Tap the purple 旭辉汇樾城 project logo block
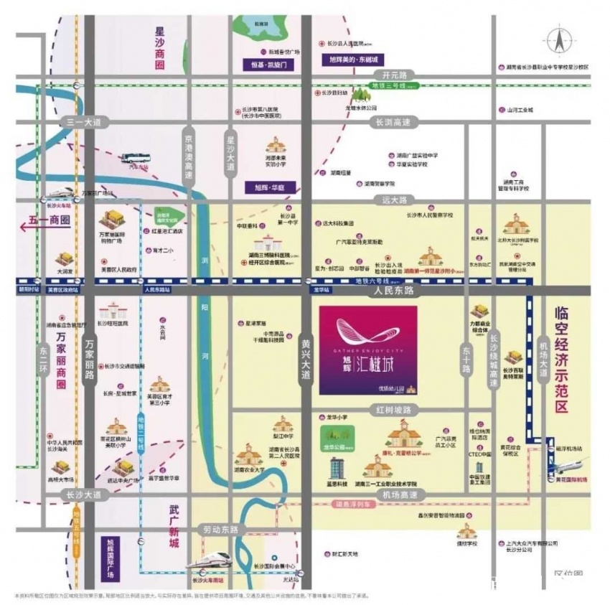(367, 350)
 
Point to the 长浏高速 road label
(393, 122)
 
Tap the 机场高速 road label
(400, 495)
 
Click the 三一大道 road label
(83, 122)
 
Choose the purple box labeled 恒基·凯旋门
(268, 65)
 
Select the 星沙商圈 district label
(159, 48)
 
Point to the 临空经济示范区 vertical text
(562, 359)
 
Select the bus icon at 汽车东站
(134, 158)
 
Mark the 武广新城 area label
(172, 525)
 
